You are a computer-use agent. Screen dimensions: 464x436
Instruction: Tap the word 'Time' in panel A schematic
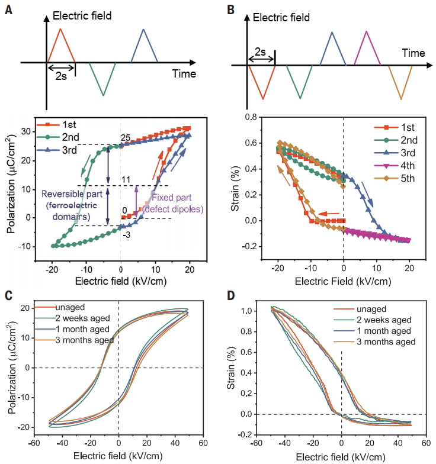click(185, 74)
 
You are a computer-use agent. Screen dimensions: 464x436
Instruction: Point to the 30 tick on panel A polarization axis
click(25, 131)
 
